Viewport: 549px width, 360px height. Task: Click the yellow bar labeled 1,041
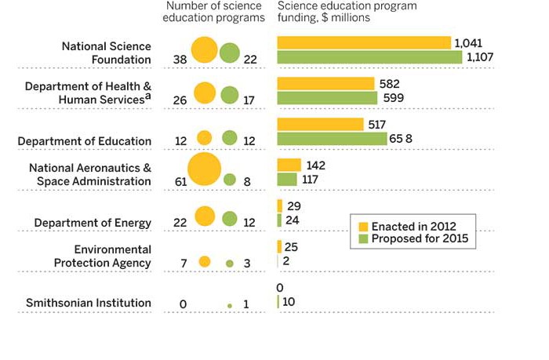point(364,43)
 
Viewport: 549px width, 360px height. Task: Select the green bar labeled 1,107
point(369,57)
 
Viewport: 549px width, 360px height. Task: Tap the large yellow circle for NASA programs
point(204,170)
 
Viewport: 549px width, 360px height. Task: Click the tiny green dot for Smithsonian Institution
point(230,304)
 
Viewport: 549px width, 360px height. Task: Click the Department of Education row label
point(85,141)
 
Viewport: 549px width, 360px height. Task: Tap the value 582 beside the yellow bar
point(391,83)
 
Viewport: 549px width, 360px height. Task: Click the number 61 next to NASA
point(180,181)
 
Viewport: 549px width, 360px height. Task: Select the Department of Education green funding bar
point(333,138)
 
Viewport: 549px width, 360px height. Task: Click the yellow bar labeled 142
point(289,165)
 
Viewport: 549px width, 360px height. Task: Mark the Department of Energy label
point(93,223)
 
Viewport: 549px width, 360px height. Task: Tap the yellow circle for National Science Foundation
point(204,51)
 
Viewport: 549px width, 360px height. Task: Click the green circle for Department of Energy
point(229,219)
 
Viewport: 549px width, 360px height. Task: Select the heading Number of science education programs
point(214,12)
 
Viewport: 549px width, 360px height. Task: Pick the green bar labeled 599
point(327,97)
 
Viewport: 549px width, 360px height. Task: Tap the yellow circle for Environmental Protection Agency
point(204,262)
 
